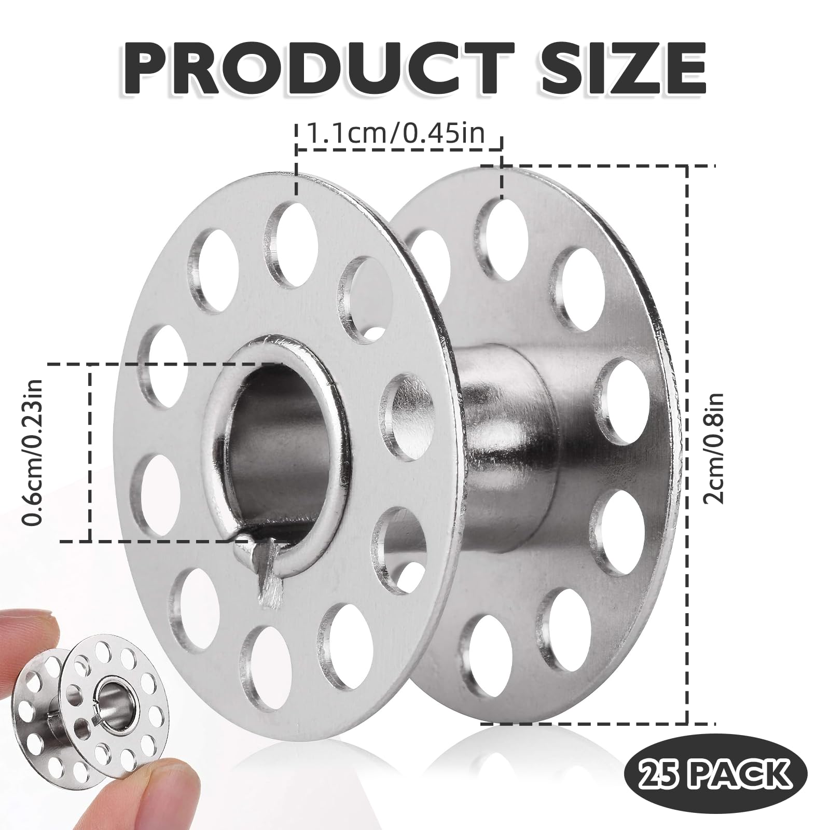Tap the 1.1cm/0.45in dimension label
tap(396, 134)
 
